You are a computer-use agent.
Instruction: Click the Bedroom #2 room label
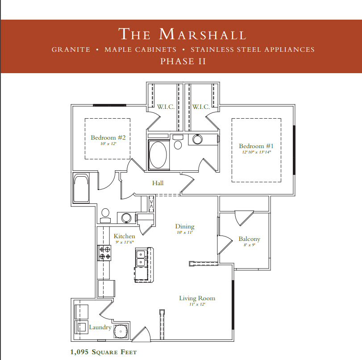coord(108,137)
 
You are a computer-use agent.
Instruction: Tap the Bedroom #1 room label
coord(256,146)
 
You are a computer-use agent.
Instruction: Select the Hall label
coord(158,183)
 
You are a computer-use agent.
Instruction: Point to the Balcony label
coord(250,239)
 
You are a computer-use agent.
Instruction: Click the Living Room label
coord(197,298)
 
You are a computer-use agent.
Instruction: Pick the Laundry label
coord(100,327)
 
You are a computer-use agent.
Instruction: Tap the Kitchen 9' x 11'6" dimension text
coord(125,242)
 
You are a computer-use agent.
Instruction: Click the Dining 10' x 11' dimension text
coord(185,232)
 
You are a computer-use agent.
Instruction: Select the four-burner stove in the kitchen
coord(104,253)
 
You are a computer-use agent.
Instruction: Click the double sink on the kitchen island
coord(141,258)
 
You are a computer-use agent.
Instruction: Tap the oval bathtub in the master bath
coord(158,155)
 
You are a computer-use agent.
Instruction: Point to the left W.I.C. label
coord(166,107)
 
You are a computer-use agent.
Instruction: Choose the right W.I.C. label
coord(201,107)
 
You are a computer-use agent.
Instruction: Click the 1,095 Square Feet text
coord(104,352)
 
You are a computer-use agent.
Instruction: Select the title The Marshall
coord(182,34)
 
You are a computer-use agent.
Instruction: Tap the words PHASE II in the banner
coord(183,62)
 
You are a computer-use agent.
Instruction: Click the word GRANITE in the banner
coord(71,50)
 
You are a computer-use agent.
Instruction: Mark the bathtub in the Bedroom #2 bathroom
coord(81,189)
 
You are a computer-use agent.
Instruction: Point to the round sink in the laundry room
coord(121,331)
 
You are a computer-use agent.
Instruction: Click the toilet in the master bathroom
coord(178,142)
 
